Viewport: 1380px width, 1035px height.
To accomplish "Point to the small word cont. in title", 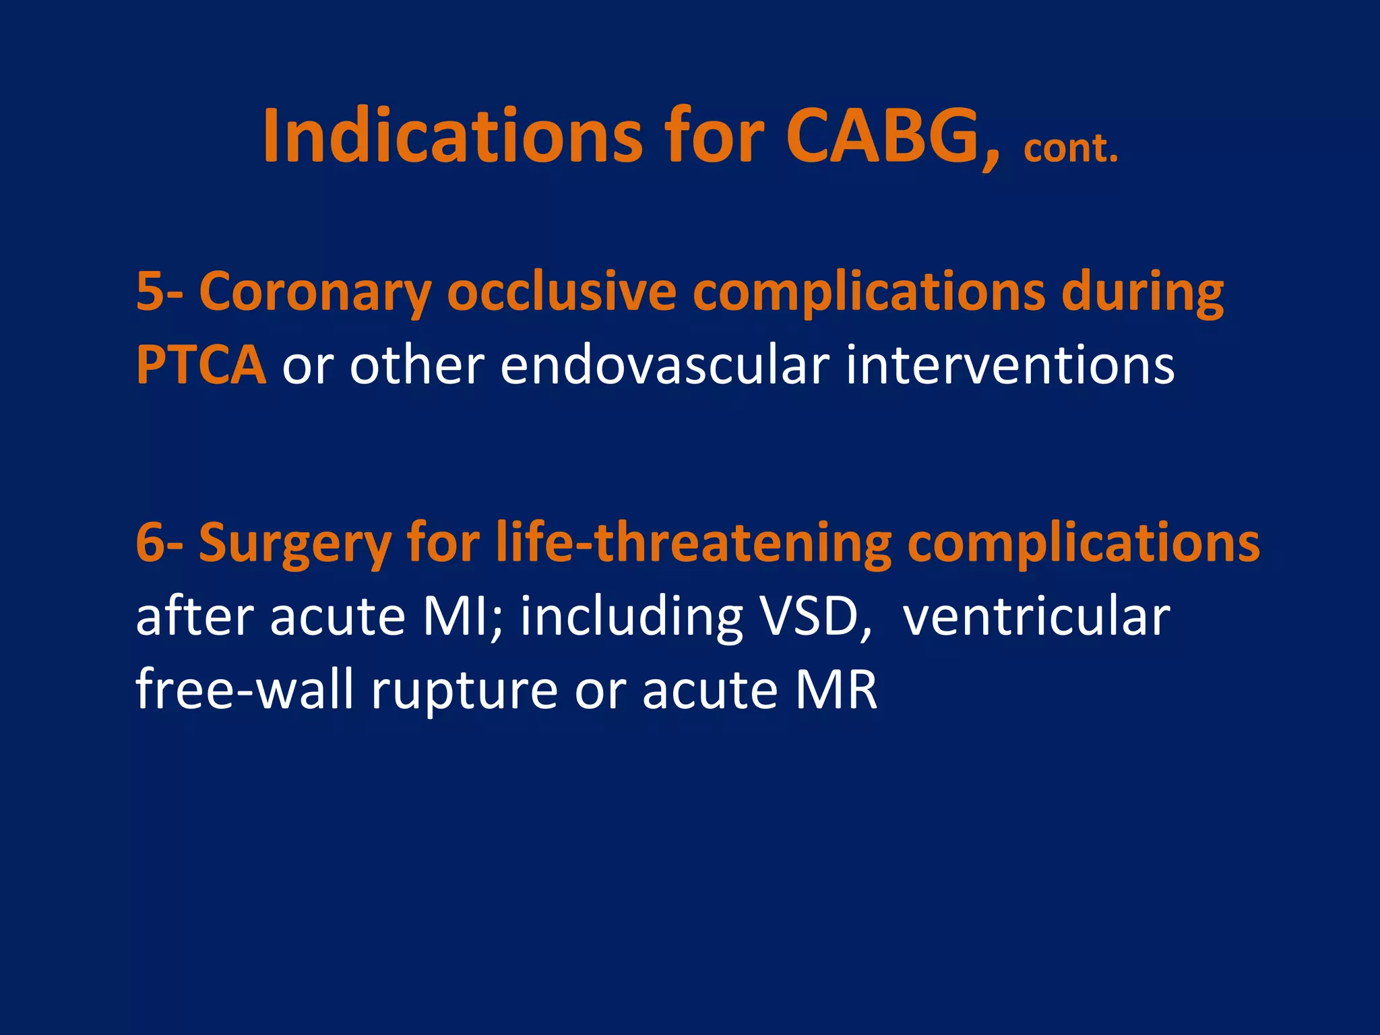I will coord(1070,150).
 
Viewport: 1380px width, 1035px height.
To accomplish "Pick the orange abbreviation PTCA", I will coord(201,365).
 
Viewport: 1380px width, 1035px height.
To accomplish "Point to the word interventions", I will coord(1010,365).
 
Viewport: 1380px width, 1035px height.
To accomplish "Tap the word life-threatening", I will coord(693,542).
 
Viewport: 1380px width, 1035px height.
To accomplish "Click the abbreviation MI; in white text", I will coord(462,617).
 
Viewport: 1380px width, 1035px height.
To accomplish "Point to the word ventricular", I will coord(1036,617).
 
